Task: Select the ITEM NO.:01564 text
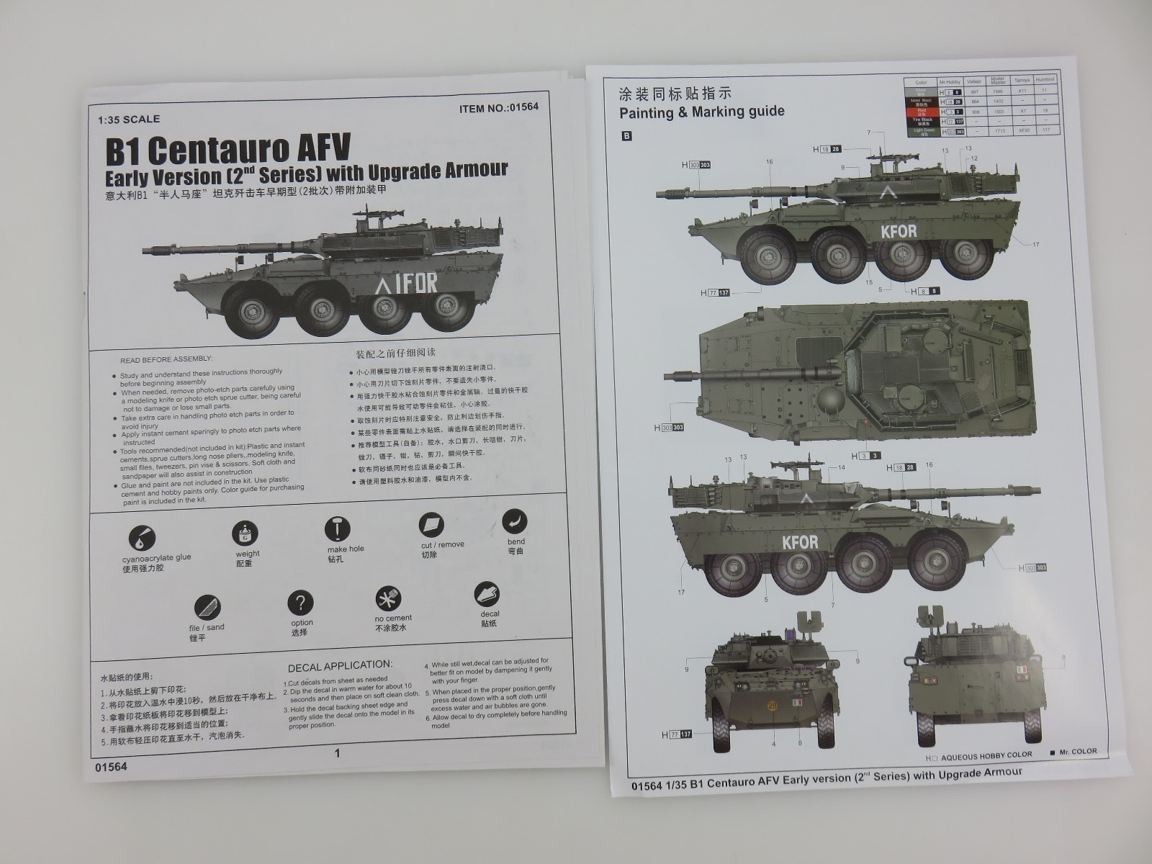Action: (x=498, y=107)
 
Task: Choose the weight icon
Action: (x=245, y=534)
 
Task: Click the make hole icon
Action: (x=336, y=529)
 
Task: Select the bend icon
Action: (x=514, y=522)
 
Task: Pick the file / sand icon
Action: (x=207, y=607)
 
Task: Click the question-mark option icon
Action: (x=300, y=603)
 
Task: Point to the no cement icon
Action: (x=388, y=599)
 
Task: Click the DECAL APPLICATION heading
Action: (x=340, y=665)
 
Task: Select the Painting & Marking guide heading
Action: (x=702, y=112)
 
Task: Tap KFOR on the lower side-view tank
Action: (x=799, y=541)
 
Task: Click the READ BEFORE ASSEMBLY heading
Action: (x=166, y=359)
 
